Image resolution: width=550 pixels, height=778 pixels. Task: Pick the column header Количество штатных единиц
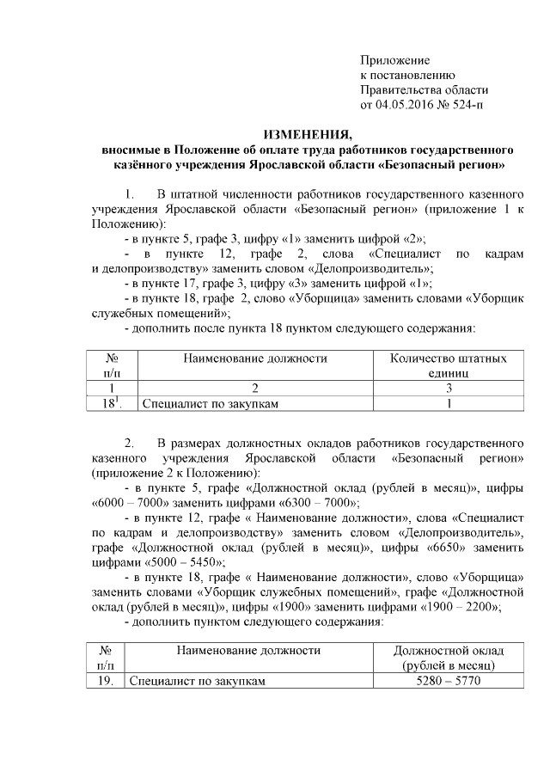(448, 365)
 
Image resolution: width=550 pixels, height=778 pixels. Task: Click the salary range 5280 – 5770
(448, 681)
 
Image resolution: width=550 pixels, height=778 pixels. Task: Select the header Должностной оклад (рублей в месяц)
(448, 658)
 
